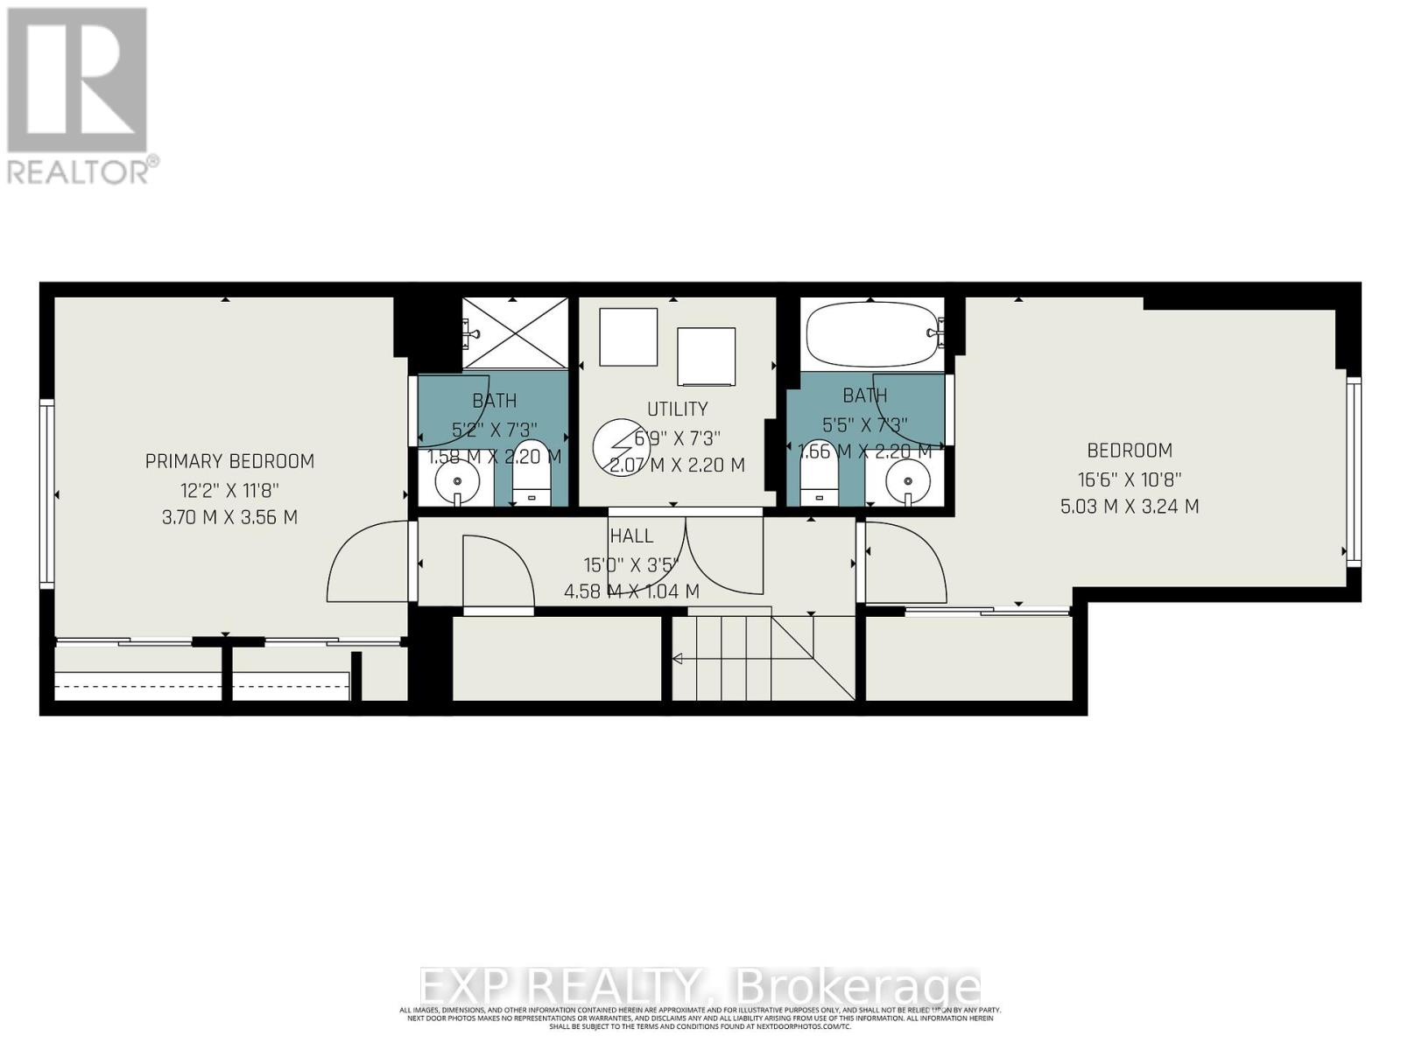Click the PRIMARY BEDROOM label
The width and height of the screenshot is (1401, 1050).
point(229,461)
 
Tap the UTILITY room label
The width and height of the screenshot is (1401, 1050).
point(677,409)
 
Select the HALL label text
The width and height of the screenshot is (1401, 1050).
point(631,536)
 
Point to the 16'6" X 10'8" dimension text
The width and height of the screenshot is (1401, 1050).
point(1129,479)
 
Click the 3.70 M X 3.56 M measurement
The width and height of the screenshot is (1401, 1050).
point(229,517)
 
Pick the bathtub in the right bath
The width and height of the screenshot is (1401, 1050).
point(872,333)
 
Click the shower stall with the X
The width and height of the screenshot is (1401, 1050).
point(515,333)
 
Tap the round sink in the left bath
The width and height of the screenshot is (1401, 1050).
point(456,480)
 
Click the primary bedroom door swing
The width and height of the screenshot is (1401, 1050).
point(368,563)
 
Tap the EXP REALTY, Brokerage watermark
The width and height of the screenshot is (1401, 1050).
point(700,987)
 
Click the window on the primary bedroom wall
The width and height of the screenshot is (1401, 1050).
point(46,493)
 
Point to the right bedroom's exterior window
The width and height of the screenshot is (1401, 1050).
point(1354,472)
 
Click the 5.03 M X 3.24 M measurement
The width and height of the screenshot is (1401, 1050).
point(1129,507)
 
